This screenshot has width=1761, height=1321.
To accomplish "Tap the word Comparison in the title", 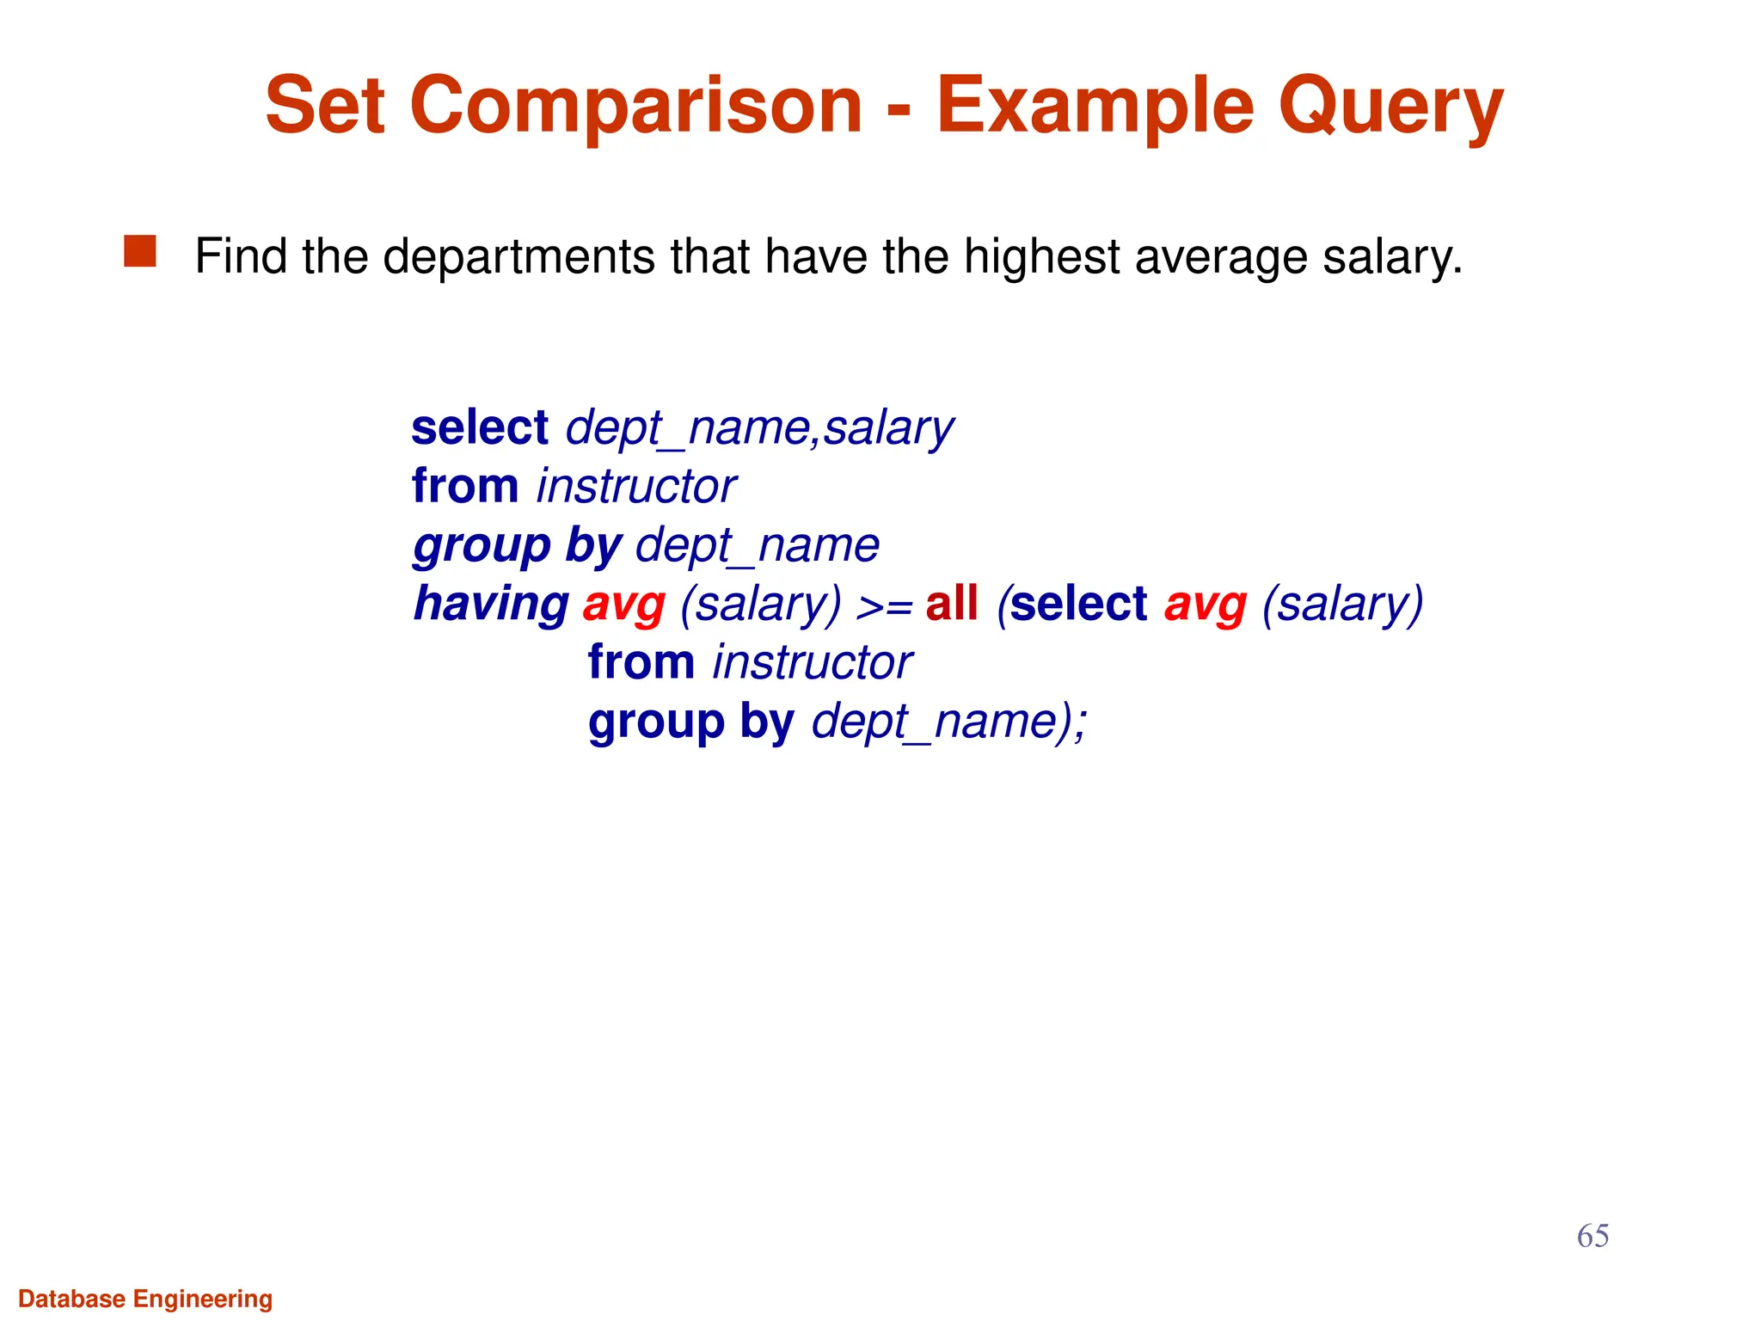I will coord(636,107).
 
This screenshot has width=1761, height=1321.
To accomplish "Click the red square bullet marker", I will coord(140,251).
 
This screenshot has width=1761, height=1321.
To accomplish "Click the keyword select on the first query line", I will coord(480,427).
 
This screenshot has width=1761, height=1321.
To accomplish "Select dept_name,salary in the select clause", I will coord(759,429).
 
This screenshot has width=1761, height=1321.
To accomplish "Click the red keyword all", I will coord(952,603).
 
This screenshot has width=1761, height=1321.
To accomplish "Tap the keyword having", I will coord(491,605).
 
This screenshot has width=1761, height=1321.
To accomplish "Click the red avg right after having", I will coord(624,605).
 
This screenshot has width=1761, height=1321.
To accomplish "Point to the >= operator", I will coord(884,606).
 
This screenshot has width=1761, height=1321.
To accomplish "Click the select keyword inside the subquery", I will coord(1078,603).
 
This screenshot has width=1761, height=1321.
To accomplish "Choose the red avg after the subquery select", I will coord(1205,605).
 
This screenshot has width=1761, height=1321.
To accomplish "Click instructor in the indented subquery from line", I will coord(813,663).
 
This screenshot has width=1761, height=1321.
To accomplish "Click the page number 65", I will coord(1592,1236).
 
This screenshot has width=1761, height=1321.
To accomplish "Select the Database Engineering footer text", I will coord(145,1299).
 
